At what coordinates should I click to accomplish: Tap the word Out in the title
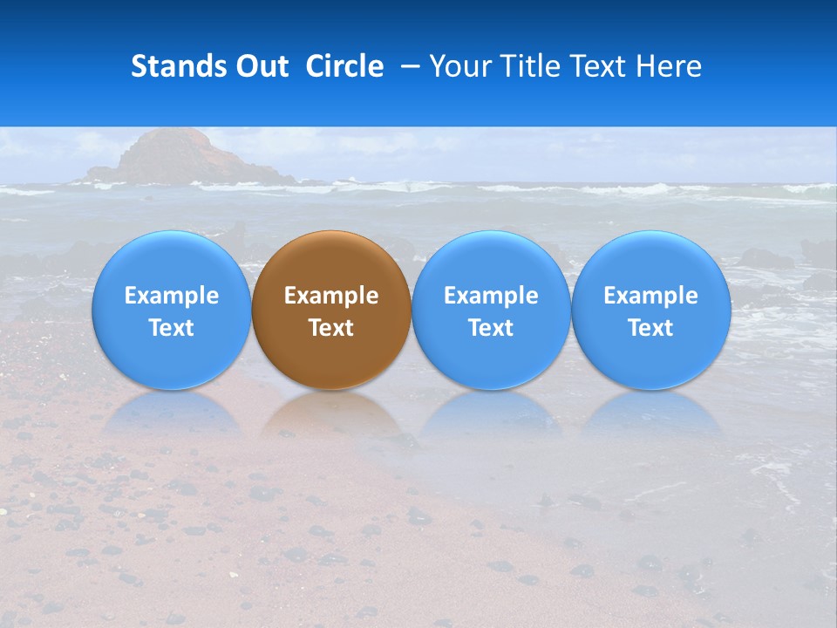(x=259, y=66)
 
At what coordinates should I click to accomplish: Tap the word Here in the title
(x=670, y=66)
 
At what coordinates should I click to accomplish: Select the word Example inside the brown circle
(x=331, y=296)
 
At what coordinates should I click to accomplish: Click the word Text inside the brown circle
(x=331, y=328)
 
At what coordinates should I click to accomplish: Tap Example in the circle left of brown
(x=171, y=296)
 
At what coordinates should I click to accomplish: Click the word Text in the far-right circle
(x=650, y=328)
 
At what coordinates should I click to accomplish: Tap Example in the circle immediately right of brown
(x=491, y=296)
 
